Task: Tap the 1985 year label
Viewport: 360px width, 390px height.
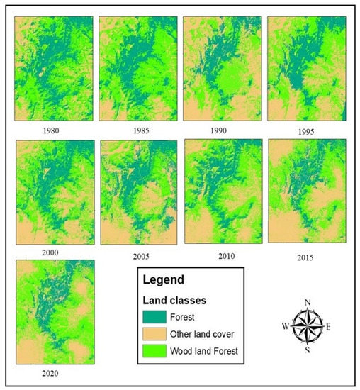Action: coord(137,133)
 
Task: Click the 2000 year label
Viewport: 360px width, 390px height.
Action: coord(50,252)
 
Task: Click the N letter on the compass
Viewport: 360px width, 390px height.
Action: coord(308,303)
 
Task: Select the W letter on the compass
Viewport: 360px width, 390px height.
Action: coord(284,327)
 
